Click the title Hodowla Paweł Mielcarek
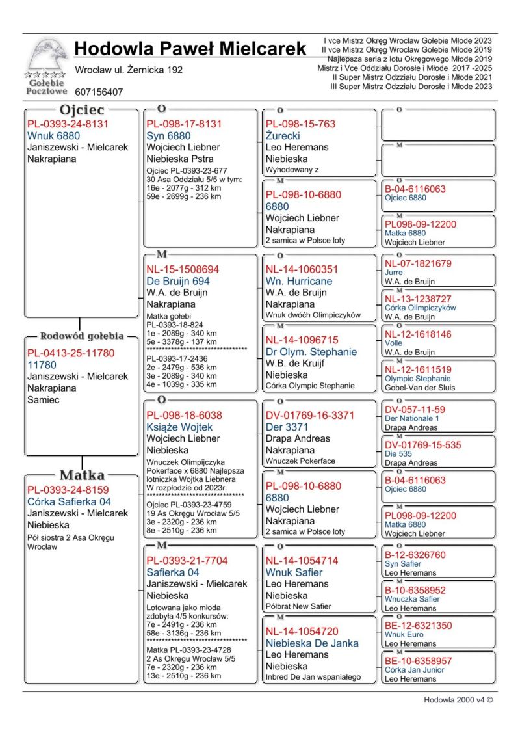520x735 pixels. click(190, 49)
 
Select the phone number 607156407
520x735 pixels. click(99, 92)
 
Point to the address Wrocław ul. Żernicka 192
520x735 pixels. click(129, 70)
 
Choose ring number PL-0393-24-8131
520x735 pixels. click(68, 124)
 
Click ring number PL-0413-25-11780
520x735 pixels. click(70, 353)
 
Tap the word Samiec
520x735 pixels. click(43, 400)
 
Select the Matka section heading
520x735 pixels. click(82, 474)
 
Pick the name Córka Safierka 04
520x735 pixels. click(68, 501)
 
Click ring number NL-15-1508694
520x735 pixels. click(183, 269)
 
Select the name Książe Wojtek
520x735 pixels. click(179, 427)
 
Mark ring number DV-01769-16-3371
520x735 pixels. click(309, 415)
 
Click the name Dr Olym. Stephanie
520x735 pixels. click(311, 352)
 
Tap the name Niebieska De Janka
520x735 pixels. click(311, 643)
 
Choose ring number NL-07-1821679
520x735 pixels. click(417, 263)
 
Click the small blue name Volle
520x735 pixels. click(393, 343)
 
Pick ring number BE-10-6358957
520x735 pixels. click(418, 661)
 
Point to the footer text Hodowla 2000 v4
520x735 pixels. click(458, 700)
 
